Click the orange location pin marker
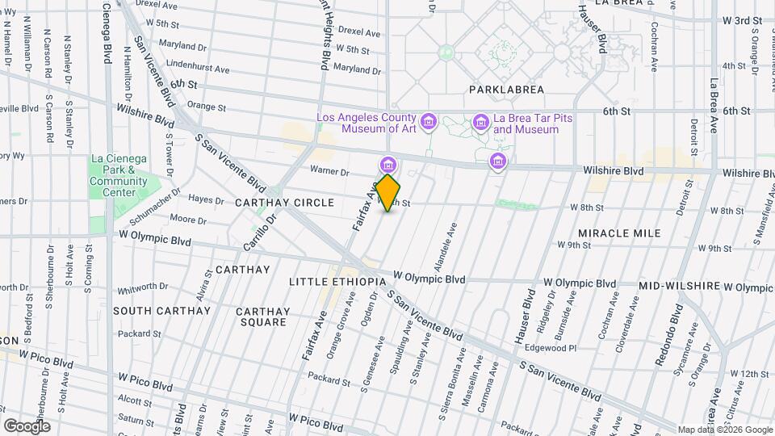point(387,193)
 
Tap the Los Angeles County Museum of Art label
point(367,123)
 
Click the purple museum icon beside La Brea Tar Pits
point(481,122)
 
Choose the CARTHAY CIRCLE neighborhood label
point(284,202)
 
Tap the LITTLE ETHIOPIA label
point(337,282)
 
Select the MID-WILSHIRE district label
point(679,287)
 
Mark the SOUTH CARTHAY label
point(161,311)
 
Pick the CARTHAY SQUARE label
point(262,317)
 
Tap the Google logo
point(27,426)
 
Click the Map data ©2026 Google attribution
point(724,430)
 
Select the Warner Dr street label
point(329,171)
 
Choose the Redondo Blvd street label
point(670,335)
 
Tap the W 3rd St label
point(743,20)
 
